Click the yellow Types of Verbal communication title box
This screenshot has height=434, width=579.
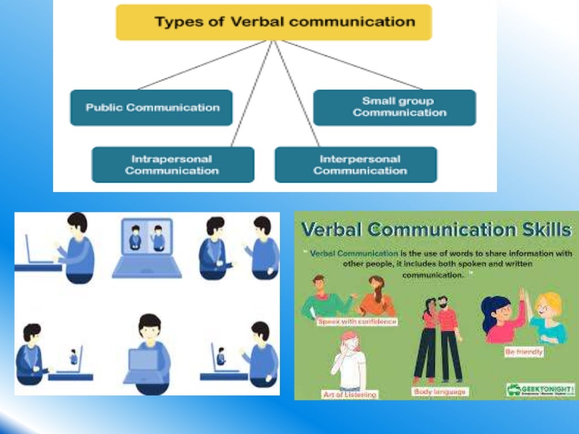(274, 23)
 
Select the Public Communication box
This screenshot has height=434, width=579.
(151, 107)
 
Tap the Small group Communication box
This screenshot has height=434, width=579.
(395, 107)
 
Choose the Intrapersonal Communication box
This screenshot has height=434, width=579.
(172, 164)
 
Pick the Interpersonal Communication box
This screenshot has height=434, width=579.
(356, 164)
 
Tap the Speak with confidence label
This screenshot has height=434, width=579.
(357, 322)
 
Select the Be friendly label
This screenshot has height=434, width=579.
(524, 351)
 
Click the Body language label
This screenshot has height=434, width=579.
(439, 391)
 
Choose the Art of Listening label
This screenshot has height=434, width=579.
(349, 394)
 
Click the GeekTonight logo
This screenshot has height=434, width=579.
(540, 389)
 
